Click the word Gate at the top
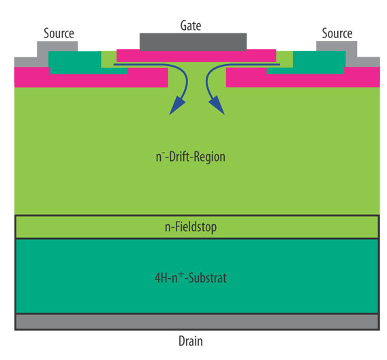191,25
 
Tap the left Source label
59,33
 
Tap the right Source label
337,33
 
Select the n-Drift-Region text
190,157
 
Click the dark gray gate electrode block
192,41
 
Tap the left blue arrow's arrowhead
176,106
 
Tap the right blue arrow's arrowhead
217,106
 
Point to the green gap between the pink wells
197,78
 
